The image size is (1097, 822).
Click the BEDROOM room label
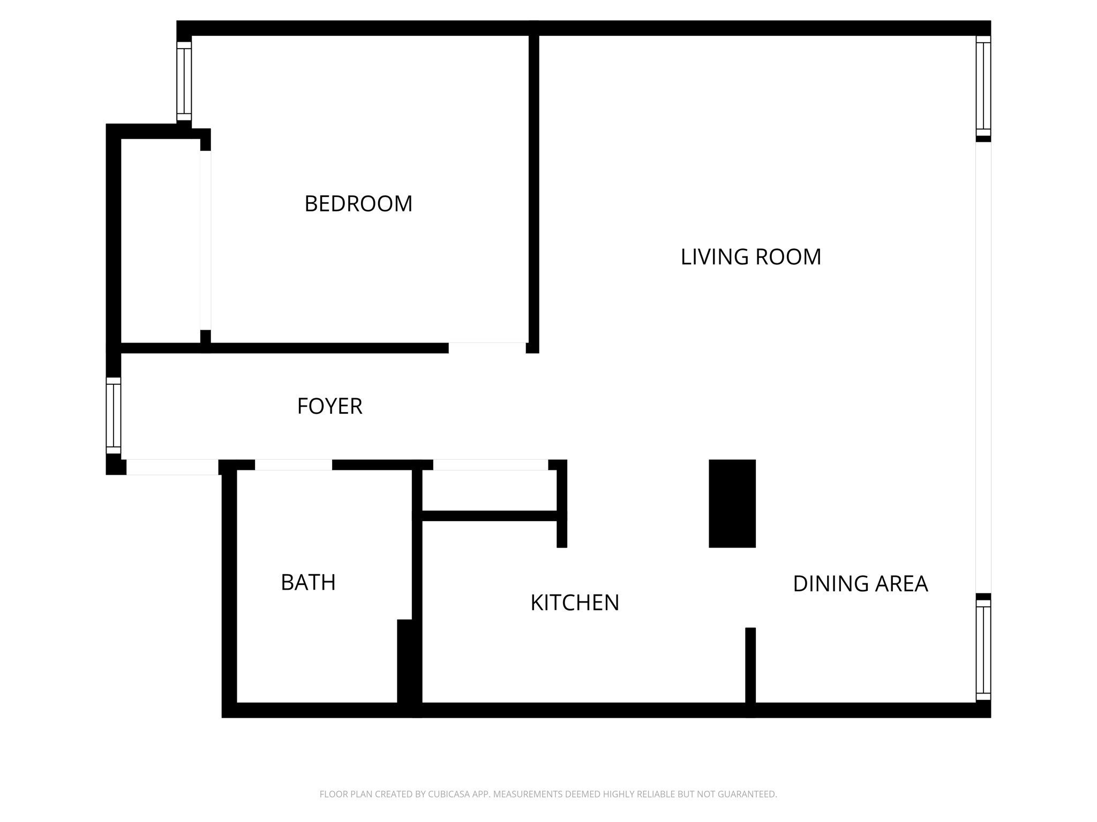coord(358,204)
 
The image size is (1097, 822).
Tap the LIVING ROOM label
coord(750,257)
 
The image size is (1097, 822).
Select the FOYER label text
coord(329,406)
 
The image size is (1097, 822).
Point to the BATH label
coord(308,582)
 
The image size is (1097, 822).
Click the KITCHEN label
coord(575,603)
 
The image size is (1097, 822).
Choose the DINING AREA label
coord(860,583)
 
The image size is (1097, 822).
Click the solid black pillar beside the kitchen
coord(732,503)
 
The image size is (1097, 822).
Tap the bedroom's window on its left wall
coord(184,81)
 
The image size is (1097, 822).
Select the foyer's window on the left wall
coord(113,415)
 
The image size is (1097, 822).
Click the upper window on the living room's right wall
coord(983,86)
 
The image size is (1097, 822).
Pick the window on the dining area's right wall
coord(983,650)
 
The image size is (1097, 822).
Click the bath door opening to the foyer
coord(293,465)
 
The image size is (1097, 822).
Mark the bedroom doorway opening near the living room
coord(487,348)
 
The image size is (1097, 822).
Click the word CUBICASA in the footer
coord(448,794)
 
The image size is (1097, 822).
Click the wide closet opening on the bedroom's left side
coord(205,241)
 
